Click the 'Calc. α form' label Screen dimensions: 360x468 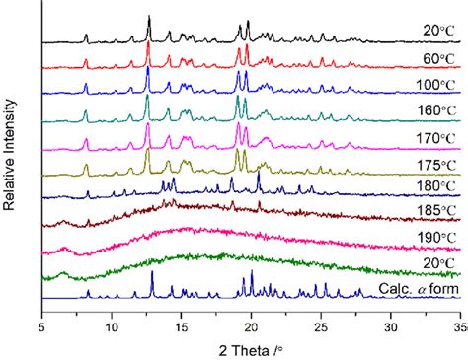(418, 289)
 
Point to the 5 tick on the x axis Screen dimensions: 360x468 (42, 318)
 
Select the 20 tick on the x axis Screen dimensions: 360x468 (251, 318)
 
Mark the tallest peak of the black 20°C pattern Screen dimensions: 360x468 (149, 17)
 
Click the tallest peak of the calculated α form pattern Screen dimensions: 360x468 (152, 273)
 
